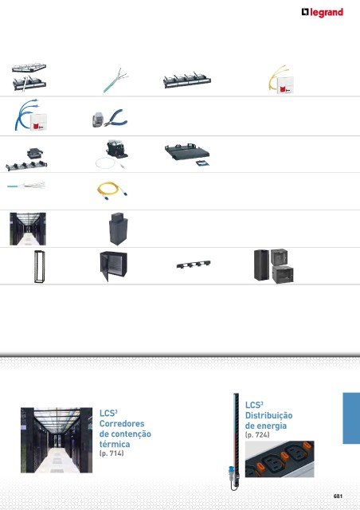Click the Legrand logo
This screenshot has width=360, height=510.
click(322, 13)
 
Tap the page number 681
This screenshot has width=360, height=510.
click(338, 496)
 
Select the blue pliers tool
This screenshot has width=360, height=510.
click(116, 119)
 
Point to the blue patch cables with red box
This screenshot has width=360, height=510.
click(30, 115)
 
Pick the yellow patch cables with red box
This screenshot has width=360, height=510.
click(282, 80)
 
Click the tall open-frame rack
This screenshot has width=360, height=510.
click(39, 266)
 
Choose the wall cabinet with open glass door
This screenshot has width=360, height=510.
click(113, 265)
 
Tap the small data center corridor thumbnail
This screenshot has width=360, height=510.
click(28, 229)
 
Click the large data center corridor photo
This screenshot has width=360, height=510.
click(57, 440)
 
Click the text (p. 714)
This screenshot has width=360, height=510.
click(112, 453)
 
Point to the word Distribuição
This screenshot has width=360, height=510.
click(268, 416)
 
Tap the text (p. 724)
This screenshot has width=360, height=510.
click(257, 434)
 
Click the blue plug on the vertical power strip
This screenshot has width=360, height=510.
click(232, 469)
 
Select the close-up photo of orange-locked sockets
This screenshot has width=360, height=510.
click(280, 459)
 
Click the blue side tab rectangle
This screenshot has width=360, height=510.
click(351, 418)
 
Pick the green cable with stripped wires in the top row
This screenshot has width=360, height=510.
click(116, 80)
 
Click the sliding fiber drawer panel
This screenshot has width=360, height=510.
click(187, 154)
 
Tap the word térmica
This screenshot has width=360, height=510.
click(115, 444)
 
